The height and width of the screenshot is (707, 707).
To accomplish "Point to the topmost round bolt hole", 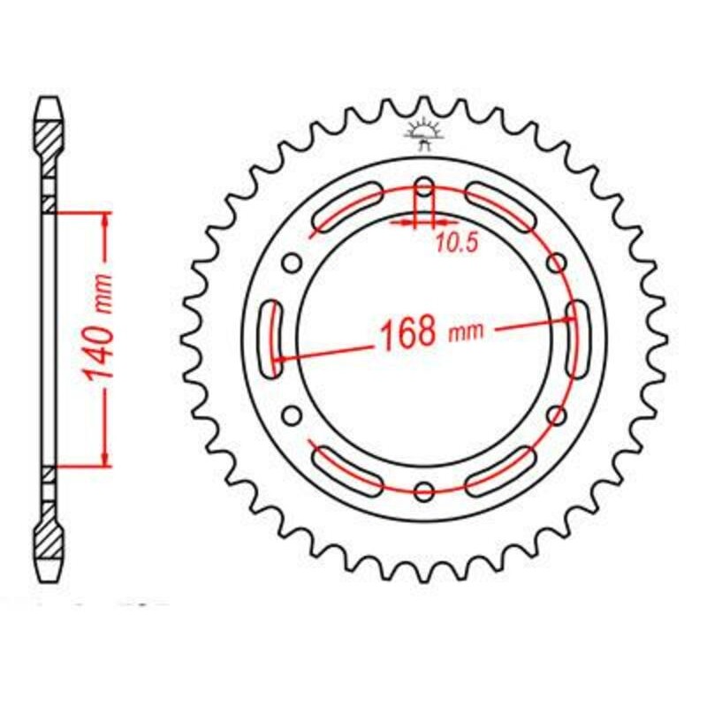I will pyautogui.click(x=424, y=187).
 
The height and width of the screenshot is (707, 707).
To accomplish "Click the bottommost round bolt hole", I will pyautogui.click(x=424, y=490).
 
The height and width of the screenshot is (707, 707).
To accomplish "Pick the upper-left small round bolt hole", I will pyautogui.click(x=292, y=262).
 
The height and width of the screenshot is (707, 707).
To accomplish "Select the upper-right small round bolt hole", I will pyautogui.click(x=557, y=262).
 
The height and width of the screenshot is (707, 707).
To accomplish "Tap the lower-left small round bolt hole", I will pyautogui.click(x=292, y=414).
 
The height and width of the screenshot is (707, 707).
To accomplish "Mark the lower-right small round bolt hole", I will pyautogui.click(x=557, y=414).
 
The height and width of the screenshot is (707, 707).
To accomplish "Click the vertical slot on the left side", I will pyautogui.click(x=271, y=338).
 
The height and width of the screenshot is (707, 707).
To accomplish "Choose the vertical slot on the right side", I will pyautogui.click(x=578, y=338).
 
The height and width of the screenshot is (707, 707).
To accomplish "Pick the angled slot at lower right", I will pyautogui.click(x=501, y=470).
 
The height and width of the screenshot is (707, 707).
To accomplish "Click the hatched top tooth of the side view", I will pyautogui.click(x=49, y=133).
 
